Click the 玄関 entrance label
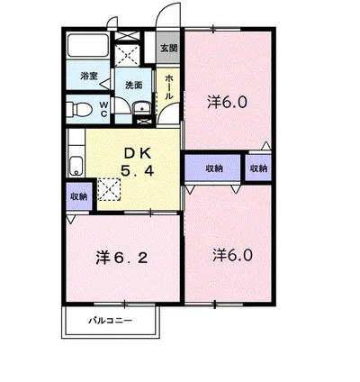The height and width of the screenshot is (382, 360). click(x=169, y=48)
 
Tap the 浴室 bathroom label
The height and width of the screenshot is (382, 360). click(x=89, y=76)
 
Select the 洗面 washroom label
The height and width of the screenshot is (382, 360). click(x=133, y=86)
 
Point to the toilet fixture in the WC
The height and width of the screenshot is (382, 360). click(x=78, y=109)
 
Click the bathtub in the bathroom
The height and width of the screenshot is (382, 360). click(x=87, y=46)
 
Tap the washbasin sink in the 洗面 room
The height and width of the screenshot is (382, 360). click(x=142, y=108)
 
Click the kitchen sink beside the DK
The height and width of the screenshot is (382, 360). click(x=76, y=166)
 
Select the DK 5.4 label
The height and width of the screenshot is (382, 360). click(x=138, y=162)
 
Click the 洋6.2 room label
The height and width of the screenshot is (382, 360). click(x=121, y=258)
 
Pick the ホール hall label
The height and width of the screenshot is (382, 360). click(x=169, y=87)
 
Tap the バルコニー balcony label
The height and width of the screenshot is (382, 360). click(x=110, y=321)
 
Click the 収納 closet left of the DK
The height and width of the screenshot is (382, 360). click(x=79, y=196)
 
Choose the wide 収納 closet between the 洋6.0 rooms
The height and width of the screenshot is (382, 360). click(x=212, y=168)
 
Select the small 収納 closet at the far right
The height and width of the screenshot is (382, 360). click(x=258, y=168)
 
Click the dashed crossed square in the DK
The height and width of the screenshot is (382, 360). click(x=109, y=189)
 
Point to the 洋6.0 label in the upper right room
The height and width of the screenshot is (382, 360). click(x=227, y=103)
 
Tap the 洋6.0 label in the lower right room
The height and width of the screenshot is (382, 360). click(x=232, y=255)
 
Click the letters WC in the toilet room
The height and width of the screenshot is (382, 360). click(x=103, y=109)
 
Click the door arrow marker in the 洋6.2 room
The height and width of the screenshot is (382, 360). click(x=70, y=220)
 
